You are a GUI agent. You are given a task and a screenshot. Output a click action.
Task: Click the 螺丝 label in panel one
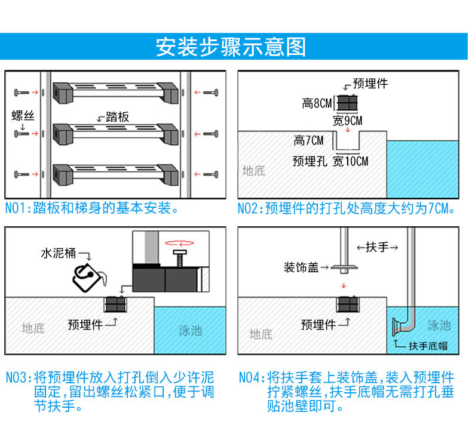pyautogui.click(x=23, y=115)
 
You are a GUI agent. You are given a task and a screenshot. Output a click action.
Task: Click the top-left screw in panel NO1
pyautogui.click(x=20, y=93)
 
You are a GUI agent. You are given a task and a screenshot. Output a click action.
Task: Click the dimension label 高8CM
pyautogui.click(x=317, y=104)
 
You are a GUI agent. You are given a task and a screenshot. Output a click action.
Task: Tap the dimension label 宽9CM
pyautogui.click(x=348, y=121)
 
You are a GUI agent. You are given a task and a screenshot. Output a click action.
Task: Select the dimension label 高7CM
pyautogui.click(x=308, y=141)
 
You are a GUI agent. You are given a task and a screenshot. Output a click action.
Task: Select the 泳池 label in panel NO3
pyautogui.click(x=191, y=330)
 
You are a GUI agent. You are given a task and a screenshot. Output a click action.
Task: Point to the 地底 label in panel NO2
pyautogui.click(x=253, y=171)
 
